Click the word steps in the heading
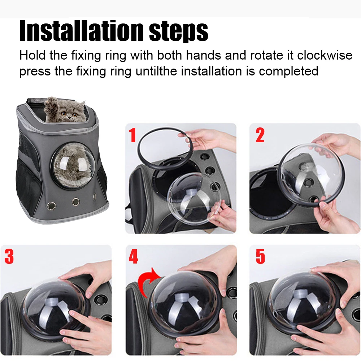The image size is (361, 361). click(179, 32)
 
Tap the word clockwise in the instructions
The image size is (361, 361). click(325, 55)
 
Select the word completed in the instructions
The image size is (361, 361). click(289, 71)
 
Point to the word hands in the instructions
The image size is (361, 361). click(204, 55)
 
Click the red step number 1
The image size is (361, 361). click(132, 135)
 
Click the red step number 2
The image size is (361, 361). click(260, 135)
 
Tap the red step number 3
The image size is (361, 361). click(9, 256)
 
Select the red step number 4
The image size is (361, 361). click(133, 256)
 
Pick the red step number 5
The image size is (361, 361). click(260, 256)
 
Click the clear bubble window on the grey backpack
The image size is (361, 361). click(73, 165)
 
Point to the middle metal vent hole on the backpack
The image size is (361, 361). click(75, 202)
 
